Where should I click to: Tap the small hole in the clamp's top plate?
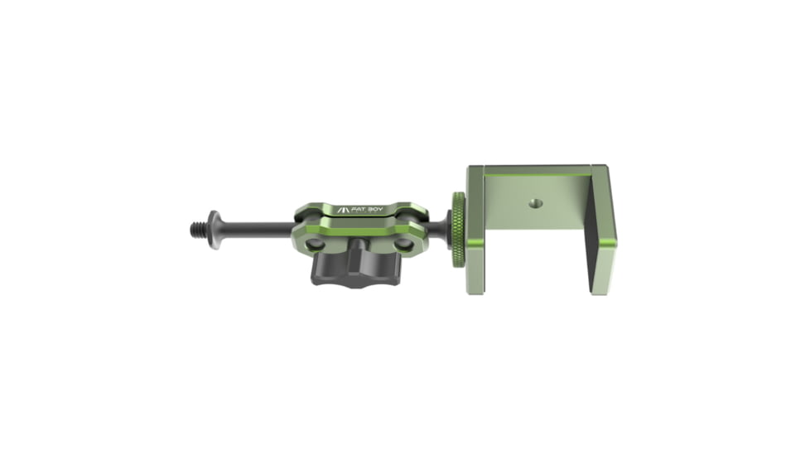pyautogui.click(x=530, y=201)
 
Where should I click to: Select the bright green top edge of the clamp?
pyautogui.click(x=538, y=169)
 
